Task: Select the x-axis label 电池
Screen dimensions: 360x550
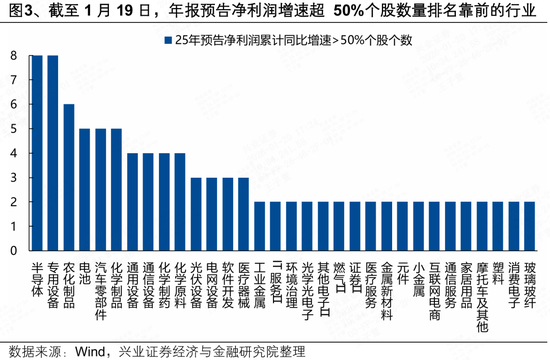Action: coord(85,274)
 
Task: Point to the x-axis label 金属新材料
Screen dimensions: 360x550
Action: coord(386,290)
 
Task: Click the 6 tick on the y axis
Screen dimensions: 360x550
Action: coord(14,105)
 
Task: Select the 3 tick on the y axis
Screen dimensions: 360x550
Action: coord(14,178)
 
